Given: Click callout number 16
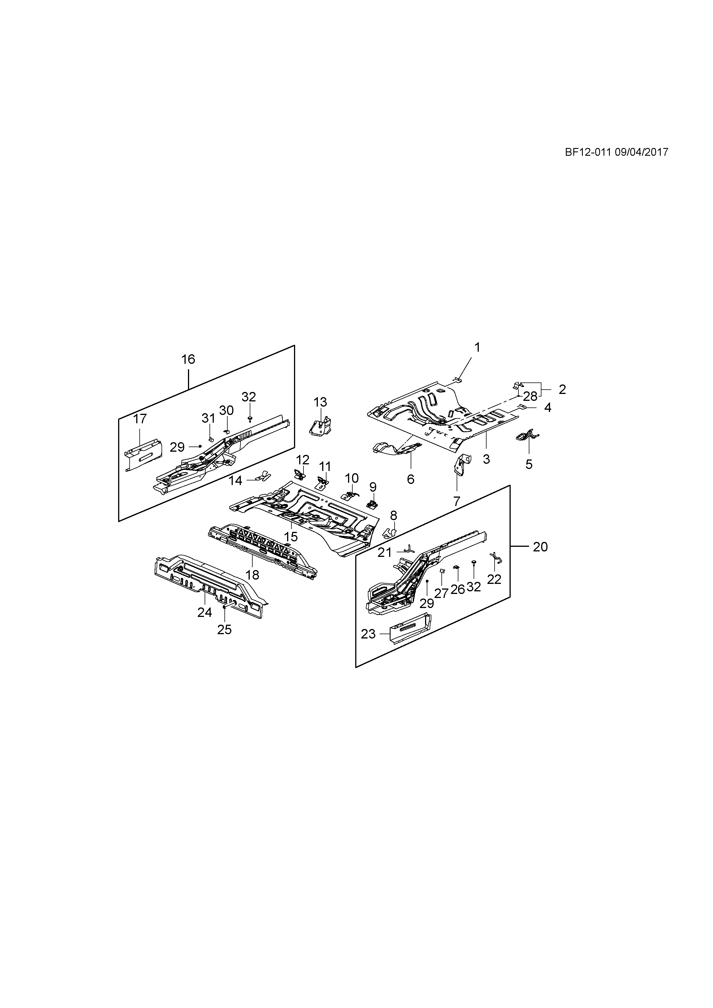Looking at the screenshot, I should (188, 359).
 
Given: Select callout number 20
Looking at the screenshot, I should (541, 547).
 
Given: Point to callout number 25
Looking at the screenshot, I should (224, 630).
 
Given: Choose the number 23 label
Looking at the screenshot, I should (368, 634).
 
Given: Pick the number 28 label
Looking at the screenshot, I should (530, 397).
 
